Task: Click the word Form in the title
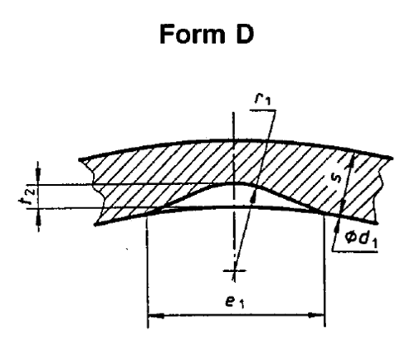pos(192,34)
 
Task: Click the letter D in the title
pos(245,34)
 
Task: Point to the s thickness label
pos(337,178)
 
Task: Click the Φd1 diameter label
pos(361,239)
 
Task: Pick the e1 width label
pos(235,301)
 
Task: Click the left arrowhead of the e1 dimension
pos(156,315)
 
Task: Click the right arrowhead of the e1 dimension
pos(316,314)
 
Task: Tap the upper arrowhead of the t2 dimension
pos(38,176)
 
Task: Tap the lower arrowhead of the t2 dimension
pos(38,216)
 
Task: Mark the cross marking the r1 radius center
pos(235,270)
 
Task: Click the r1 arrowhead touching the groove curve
pos(254,197)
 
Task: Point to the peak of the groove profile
pos(235,182)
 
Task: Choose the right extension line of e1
pos(325,270)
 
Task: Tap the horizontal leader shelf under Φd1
pos(355,251)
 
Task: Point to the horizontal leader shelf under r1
pos(263,110)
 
